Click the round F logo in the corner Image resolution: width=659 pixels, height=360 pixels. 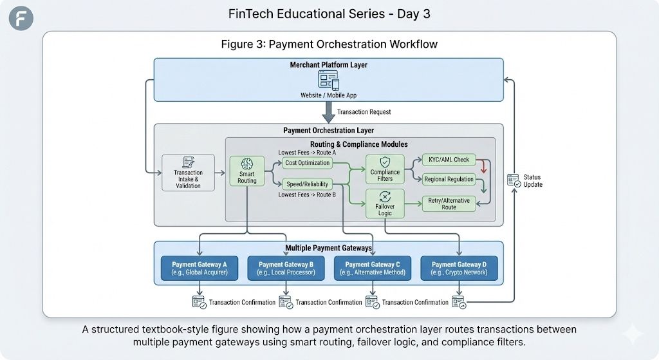click(21, 17)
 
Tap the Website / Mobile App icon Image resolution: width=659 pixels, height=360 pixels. click(328, 81)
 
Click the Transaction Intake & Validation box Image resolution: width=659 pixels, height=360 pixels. click(188, 172)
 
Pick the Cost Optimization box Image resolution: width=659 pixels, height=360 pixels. click(308, 163)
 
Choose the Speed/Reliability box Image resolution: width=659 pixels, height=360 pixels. click(308, 184)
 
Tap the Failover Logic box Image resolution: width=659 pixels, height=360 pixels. click(385, 204)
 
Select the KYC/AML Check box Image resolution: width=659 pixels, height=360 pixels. click(449, 159)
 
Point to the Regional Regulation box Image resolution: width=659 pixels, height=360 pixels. click(449, 179)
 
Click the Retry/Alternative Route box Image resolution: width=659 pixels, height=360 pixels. click(449, 204)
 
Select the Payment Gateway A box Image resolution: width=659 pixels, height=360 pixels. click(200, 268)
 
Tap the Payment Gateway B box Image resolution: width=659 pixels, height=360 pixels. click(286, 268)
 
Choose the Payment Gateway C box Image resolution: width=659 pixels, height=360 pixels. click(373, 268)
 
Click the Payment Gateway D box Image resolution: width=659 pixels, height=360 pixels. click(459, 268)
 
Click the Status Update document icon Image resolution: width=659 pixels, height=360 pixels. click(514, 180)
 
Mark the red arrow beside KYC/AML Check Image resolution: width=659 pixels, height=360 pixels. click(483, 167)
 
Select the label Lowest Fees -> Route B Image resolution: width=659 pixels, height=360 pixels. click(307, 194)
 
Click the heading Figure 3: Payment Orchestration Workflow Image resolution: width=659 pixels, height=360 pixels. click(329, 44)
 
